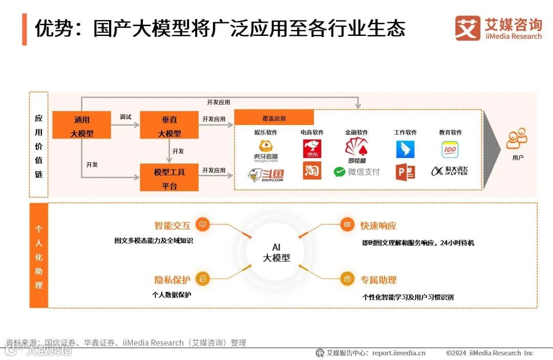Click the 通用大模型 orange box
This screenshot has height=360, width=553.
[x=81, y=126]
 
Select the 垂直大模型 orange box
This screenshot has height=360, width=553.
[x=169, y=126]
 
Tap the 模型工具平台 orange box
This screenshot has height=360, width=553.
[x=169, y=178]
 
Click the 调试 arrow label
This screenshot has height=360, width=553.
[x=125, y=117]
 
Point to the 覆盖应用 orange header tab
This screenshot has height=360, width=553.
[x=274, y=118]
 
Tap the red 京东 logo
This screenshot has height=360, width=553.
[x=312, y=149]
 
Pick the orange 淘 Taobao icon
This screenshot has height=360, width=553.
[x=312, y=171]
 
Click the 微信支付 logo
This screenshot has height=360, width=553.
[x=356, y=172]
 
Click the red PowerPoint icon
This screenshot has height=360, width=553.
[x=405, y=172]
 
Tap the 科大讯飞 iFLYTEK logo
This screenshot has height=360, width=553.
[x=450, y=171]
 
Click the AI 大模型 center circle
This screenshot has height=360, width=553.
[x=276, y=252]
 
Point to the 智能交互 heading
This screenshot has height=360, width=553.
[x=172, y=226]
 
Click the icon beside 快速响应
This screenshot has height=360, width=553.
[x=347, y=225]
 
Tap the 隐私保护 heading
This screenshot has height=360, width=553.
[x=172, y=280]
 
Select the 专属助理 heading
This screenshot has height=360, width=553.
[x=378, y=280]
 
